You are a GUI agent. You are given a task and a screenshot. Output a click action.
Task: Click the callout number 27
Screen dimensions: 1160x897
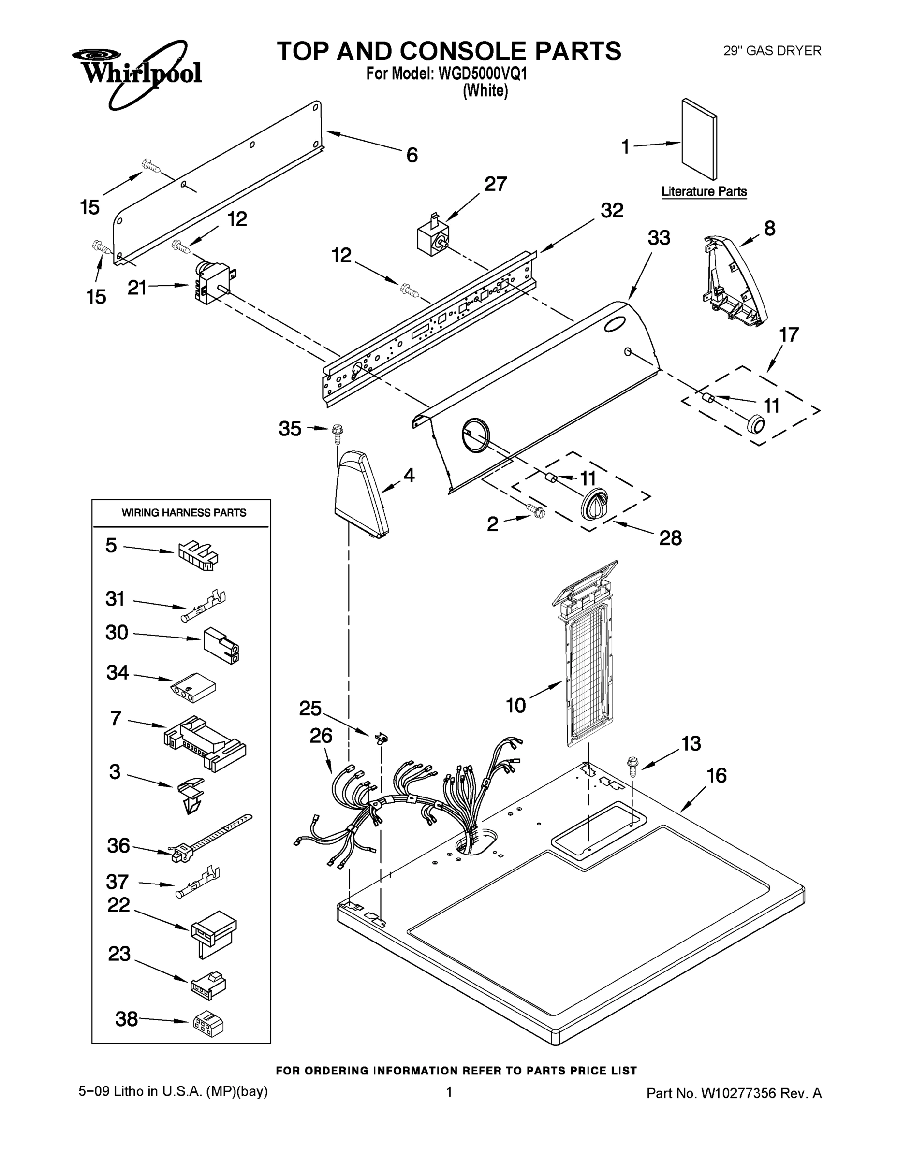[x=495, y=184]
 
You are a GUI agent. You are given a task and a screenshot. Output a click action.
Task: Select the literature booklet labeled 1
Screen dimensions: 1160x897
[x=699, y=139]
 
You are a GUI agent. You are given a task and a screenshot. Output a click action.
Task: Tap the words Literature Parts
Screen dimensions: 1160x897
[x=704, y=192]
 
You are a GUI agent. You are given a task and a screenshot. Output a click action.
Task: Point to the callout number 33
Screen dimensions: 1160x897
[x=659, y=238]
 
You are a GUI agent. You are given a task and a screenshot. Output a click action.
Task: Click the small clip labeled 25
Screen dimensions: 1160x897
[x=382, y=738]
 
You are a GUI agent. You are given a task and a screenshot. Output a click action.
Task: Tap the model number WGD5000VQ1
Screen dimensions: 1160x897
[x=483, y=73]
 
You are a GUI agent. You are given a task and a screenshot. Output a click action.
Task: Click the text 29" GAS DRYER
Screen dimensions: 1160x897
[x=772, y=51]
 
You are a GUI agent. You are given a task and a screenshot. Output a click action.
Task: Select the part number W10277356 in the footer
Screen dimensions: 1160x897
[x=739, y=1093]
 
